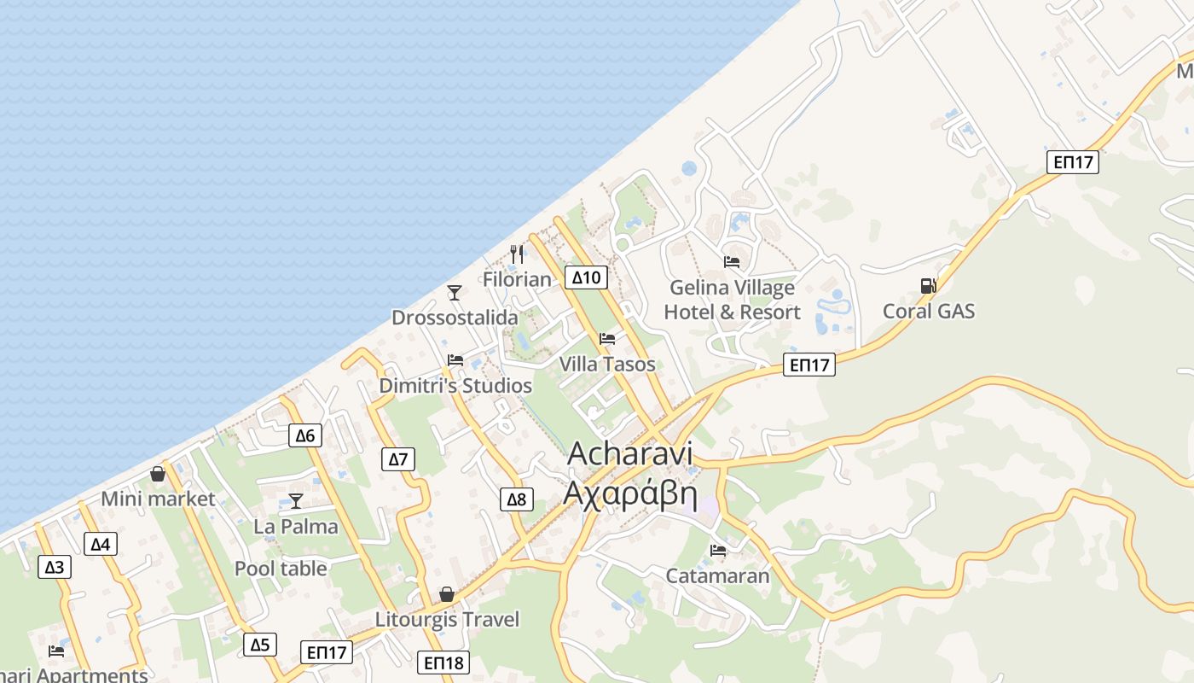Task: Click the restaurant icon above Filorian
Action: click(x=517, y=254)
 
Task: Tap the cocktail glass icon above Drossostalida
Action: click(x=455, y=293)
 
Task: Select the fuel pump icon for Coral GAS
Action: click(x=928, y=286)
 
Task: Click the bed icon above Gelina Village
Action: click(x=732, y=261)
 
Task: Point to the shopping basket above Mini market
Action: click(x=158, y=473)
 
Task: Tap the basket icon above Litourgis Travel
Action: click(x=447, y=594)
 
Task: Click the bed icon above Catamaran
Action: click(x=718, y=551)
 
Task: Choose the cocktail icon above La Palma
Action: click(x=296, y=500)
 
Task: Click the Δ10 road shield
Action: click(x=586, y=277)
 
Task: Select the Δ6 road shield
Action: click(x=304, y=435)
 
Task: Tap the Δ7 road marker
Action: click(x=398, y=459)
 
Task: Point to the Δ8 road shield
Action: click(x=517, y=499)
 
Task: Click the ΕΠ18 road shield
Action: click(x=443, y=662)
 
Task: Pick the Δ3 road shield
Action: click(x=55, y=566)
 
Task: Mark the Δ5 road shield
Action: click(x=260, y=645)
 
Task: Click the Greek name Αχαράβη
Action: click(x=630, y=494)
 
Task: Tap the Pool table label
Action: click(x=281, y=569)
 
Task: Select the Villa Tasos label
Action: click(x=607, y=364)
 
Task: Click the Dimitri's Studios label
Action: click(x=455, y=386)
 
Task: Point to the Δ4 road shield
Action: click(x=101, y=544)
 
